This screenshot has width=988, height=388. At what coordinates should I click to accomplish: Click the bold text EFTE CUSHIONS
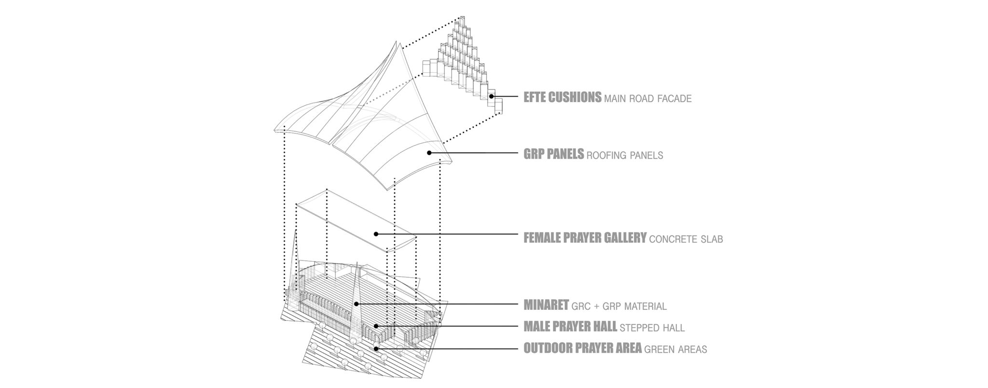click(563, 97)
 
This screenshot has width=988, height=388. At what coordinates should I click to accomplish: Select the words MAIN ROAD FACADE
click(648, 99)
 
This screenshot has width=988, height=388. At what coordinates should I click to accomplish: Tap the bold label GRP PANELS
click(554, 154)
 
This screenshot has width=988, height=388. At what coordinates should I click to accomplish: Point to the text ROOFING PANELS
click(625, 156)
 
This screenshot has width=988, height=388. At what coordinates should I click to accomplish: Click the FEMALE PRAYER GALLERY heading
click(585, 238)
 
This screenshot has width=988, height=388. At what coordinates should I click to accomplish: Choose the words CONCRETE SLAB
click(686, 239)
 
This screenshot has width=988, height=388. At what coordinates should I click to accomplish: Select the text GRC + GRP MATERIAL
click(619, 306)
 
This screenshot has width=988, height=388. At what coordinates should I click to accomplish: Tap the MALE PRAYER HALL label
click(570, 326)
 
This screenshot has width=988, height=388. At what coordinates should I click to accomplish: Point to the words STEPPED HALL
click(652, 328)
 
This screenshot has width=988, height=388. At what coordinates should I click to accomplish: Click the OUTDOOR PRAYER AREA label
click(583, 348)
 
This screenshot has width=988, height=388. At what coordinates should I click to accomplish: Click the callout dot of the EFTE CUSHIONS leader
click(491, 96)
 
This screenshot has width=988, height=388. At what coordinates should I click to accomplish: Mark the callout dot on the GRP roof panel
click(429, 153)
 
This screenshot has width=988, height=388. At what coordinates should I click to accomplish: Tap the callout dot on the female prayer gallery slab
click(376, 234)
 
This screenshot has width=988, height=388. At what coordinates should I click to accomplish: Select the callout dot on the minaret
click(356, 304)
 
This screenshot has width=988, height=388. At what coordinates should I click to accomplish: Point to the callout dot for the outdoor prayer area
click(376, 348)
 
